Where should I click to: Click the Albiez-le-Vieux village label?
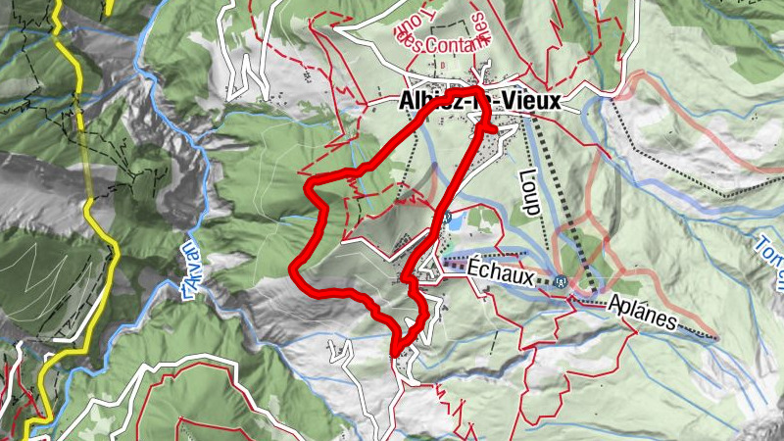(479, 100)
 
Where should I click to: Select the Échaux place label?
(501, 274)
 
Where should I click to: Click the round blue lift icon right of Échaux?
(562, 281)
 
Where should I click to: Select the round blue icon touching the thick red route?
(446, 217)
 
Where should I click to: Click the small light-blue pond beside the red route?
(458, 224)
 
